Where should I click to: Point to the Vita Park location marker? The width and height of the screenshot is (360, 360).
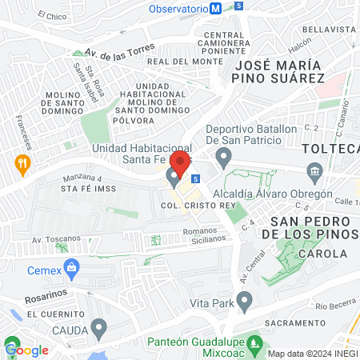click(x=245, y=302)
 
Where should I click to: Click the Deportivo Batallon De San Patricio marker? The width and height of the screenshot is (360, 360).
click(x=225, y=155)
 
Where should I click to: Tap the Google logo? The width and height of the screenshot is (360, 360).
click(x=27, y=350)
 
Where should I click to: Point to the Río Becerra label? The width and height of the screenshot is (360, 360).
click(x=332, y=306)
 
